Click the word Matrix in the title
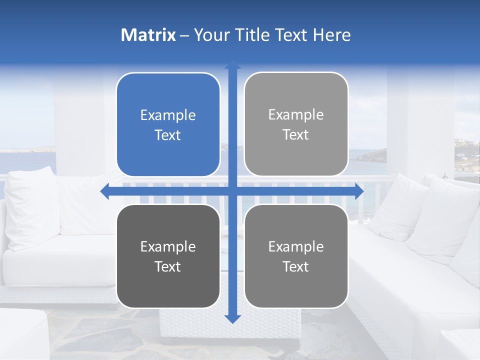pos(148,35)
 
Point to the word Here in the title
pos(332,35)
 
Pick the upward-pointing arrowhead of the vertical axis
pos(232,65)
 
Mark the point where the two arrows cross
pos(232,191)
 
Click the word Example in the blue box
pos(168,115)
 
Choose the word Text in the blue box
pos(168,135)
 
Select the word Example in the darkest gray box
pos(168,247)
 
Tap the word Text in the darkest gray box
pos(168,267)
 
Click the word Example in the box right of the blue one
pos(296,115)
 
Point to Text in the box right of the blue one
pos(296,135)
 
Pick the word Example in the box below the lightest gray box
pos(296,247)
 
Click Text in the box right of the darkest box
pos(296,267)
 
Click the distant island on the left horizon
pos(40,148)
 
